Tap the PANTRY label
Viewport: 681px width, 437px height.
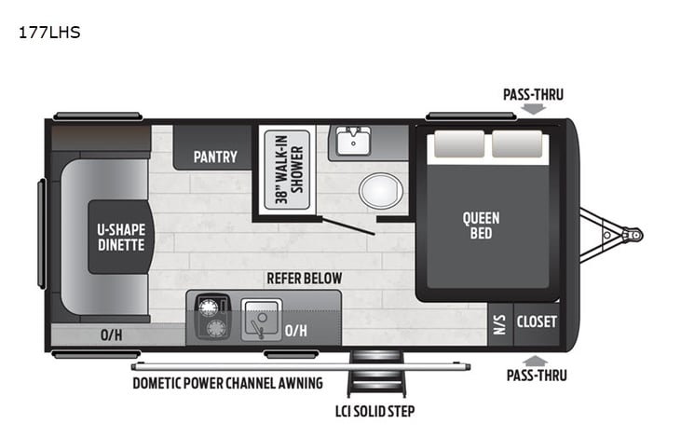pos(215,157)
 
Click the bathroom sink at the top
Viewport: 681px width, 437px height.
pos(353,142)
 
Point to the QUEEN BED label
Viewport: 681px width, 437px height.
pos(481,225)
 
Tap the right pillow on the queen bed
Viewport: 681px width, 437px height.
pos(518,144)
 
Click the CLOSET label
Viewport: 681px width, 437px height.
pos(537,321)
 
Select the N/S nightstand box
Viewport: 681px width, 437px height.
pos(498,322)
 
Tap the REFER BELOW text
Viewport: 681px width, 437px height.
pos(304,278)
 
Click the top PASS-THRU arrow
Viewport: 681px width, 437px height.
pos(533,109)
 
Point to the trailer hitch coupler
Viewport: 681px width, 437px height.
pos(633,235)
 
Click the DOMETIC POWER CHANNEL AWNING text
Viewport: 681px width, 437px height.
pos(227,382)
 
